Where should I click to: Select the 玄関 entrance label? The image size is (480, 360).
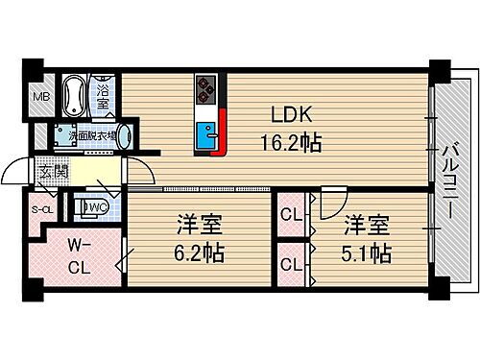pos(51,173)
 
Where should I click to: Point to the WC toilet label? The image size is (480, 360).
pos(95,205)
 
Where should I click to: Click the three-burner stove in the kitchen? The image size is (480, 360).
pos(206,88)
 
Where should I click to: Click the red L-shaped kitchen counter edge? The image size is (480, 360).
pos(223,134)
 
